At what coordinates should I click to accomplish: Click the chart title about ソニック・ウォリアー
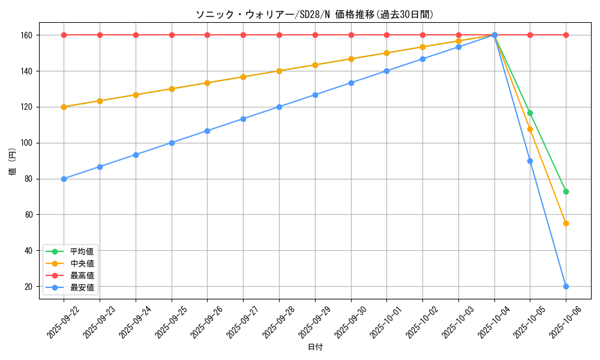tap(314, 14)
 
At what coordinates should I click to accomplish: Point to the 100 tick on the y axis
tap(28, 143)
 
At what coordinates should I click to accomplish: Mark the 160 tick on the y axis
tap(28, 35)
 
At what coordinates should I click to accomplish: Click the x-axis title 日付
tap(314, 347)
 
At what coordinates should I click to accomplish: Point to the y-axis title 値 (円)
tap(12, 162)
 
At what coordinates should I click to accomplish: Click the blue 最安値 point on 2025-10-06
tap(566, 286)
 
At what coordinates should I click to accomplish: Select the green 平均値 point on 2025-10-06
tap(566, 191)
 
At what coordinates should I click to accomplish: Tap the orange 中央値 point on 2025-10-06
tap(566, 223)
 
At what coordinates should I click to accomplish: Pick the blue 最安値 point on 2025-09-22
tap(64, 179)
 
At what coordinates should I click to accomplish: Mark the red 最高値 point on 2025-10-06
tap(566, 35)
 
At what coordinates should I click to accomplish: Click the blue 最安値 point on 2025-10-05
tap(530, 161)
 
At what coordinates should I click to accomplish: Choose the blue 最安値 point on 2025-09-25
tap(172, 143)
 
